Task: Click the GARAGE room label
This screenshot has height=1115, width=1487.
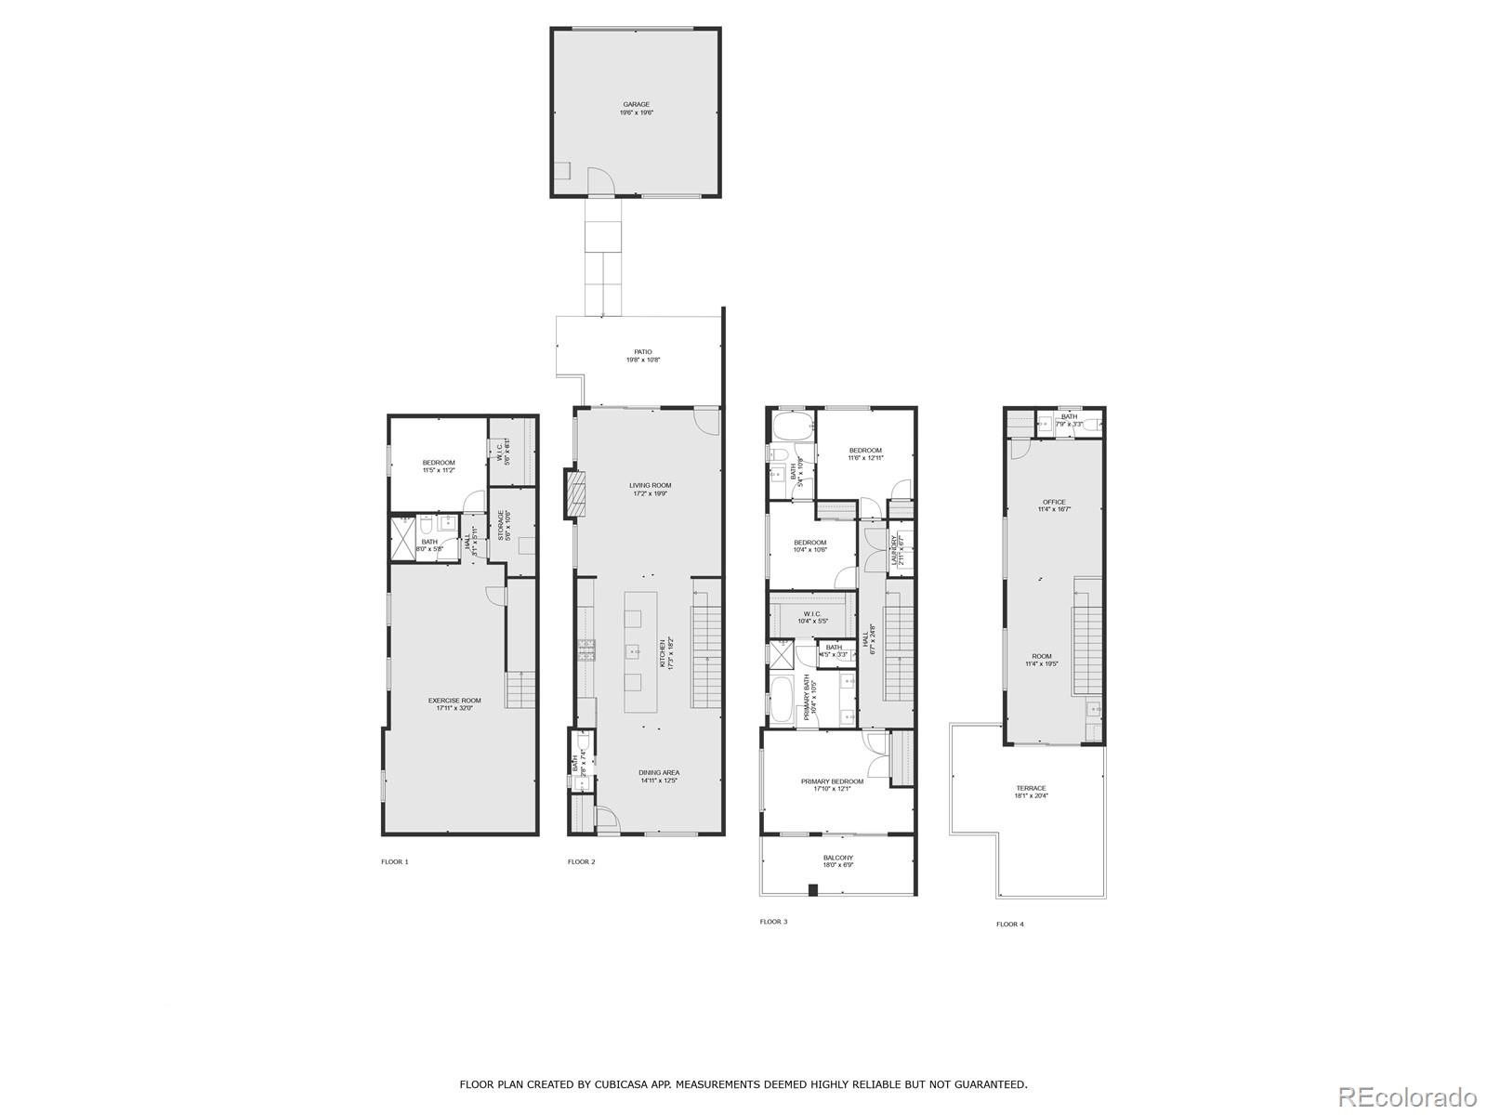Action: (636, 105)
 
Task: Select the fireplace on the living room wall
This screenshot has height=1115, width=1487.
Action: (576, 494)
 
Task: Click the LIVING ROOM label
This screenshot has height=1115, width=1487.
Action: (650, 486)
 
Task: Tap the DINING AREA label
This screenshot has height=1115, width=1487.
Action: (658, 773)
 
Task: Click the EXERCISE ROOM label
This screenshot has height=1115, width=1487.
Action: (454, 701)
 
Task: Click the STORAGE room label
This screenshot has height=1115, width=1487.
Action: (501, 525)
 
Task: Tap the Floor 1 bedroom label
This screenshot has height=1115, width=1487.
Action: (439, 463)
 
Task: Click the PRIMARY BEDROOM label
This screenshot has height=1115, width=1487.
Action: (832, 781)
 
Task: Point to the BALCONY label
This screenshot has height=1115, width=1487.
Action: (837, 858)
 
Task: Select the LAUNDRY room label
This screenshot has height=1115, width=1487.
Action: (895, 549)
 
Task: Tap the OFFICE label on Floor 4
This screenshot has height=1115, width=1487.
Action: (1054, 503)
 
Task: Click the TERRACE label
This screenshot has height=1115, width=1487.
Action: (1031, 788)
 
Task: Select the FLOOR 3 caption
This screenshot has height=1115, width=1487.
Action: (773, 922)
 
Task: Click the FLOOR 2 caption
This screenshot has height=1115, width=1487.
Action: (581, 862)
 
